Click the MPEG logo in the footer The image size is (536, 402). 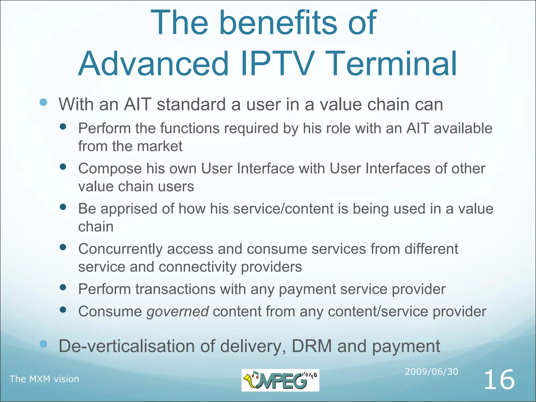click(280, 380)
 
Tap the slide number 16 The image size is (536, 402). click(499, 380)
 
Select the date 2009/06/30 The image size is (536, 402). click(431, 372)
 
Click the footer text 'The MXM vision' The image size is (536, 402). click(44, 379)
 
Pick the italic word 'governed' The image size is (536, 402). click(177, 311)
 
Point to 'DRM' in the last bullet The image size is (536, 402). click(311, 346)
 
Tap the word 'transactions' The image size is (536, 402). click(175, 289)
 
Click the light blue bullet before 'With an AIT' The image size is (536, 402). click(43, 102)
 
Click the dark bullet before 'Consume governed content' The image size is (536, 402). click(63, 310)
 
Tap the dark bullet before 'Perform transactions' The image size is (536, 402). click(63, 288)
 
